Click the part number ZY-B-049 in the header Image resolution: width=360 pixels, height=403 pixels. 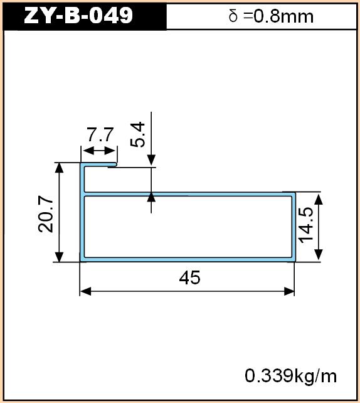point(78,15)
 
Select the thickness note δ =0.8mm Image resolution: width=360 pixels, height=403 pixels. point(271,16)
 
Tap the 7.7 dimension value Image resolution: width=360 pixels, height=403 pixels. point(100,135)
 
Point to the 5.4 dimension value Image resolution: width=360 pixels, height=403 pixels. point(138,135)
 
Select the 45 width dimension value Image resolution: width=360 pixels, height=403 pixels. point(189,278)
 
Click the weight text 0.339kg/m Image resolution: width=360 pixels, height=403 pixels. point(290,376)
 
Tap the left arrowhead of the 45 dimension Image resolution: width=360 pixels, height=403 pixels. point(86,291)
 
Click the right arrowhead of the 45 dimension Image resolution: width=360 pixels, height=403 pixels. point(289,291)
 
